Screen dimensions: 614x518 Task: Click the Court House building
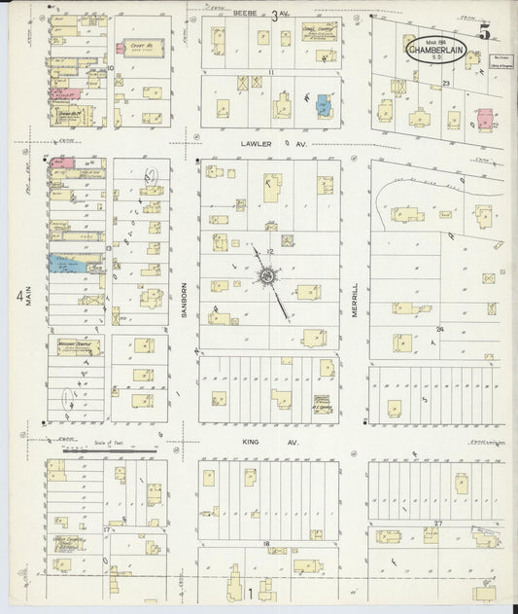[135, 47]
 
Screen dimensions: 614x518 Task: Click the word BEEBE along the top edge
[247, 13]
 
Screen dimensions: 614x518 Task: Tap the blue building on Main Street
[64, 263]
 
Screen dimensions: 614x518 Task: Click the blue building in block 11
[323, 105]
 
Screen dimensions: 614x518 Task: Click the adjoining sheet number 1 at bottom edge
[250, 593]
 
